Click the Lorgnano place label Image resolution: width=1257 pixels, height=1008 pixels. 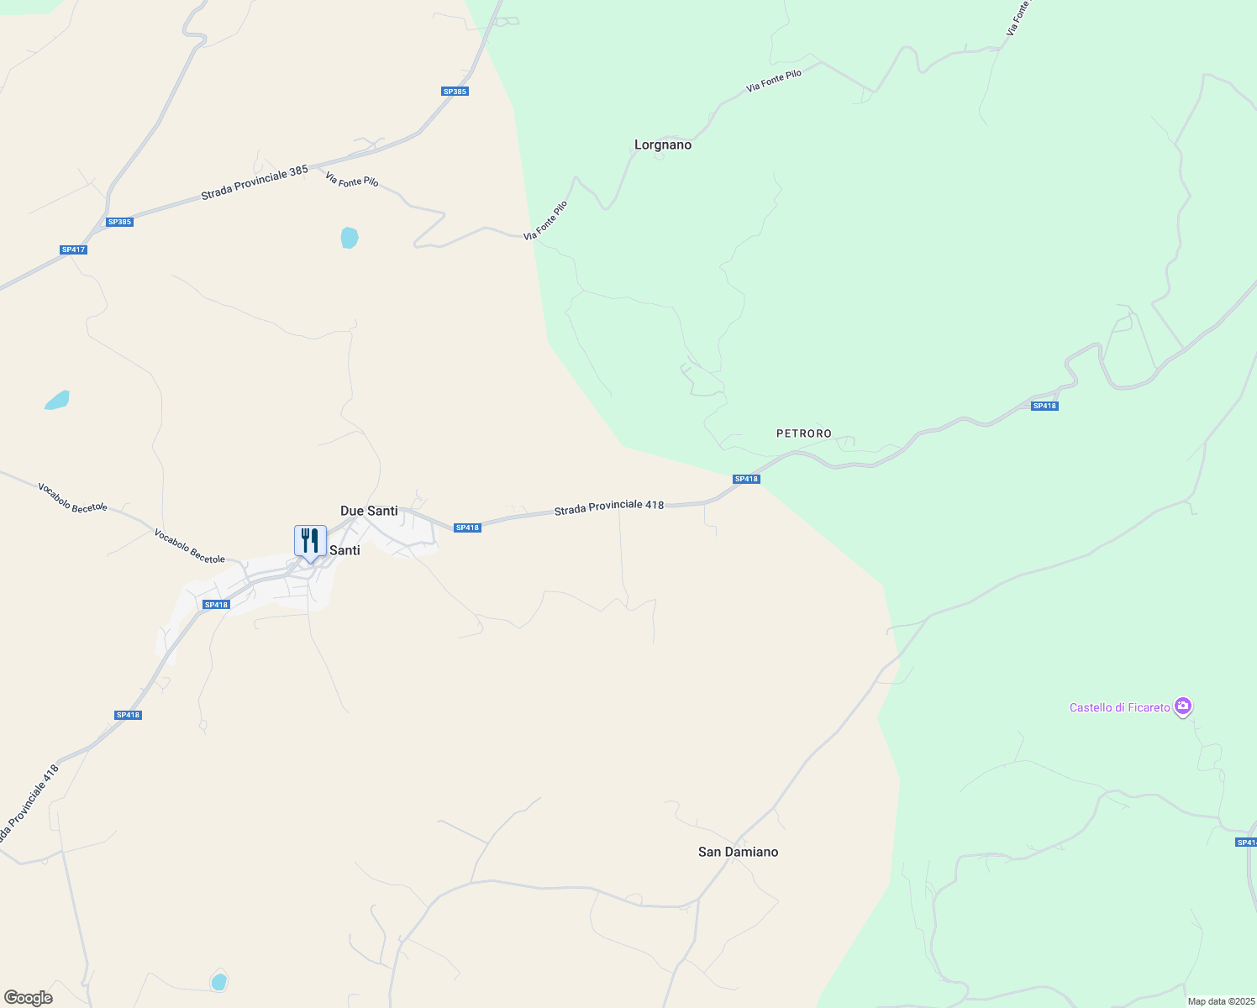pyautogui.click(x=663, y=145)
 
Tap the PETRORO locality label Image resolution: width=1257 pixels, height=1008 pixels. pyautogui.click(x=804, y=433)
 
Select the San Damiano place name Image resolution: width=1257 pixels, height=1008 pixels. pyautogui.click(x=738, y=852)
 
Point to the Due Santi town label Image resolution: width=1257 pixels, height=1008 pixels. pyautogui.click(x=369, y=511)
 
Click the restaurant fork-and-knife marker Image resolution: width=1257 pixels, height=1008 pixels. pyautogui.click(x=310, y=541)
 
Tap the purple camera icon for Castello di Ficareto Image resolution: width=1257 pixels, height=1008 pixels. pyautogui.click(x=1183, y=706)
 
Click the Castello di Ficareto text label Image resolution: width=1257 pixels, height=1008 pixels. pyautogui.click(x=1119, y=707)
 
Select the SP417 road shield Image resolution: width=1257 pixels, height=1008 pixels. pyautogui.click(x=74, y=249)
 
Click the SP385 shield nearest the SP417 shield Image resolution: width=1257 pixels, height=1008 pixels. pyautogui.click(x=119, y=222)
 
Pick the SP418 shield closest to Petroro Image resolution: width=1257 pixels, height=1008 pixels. pyautogui.click(x=746, y=479)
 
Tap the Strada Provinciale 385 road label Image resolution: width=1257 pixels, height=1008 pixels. pyautogui.click(x=255, y=183)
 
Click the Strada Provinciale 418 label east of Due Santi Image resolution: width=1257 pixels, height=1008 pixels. pyautogui.click(x=608, y=507)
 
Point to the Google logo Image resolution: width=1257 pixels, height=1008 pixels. pyautogui.click(x=28, y=998)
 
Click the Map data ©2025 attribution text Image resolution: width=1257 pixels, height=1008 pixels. pyautogui.click(x=1221, y=1001)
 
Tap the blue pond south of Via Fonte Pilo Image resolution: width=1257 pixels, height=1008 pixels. pyautogui.click(x=350, y=238)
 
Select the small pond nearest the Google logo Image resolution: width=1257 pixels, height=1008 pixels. pyautogui.click(x=218, y=981)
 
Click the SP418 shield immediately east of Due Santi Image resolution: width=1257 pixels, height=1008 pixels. pyautogui.click(x=467, y=528)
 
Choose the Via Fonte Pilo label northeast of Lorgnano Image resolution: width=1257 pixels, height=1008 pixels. pyautogui.click(x=774, y=81)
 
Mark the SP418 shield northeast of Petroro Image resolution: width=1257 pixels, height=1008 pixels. pyautogui.click(x=1044, y=406)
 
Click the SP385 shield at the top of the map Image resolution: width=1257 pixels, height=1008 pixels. pyautogui.click(x=455, y=91)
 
